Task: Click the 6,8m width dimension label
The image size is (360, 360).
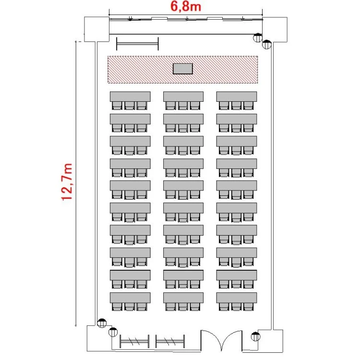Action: click(x=185, y=6)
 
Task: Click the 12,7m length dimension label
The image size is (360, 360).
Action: click(x=67, y=182)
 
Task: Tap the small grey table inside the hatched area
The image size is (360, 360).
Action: click(x=182, y=69)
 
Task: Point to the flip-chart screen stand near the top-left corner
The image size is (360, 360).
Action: click(x=137, y=43)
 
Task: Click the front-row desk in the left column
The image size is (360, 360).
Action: click(x=130, y=96)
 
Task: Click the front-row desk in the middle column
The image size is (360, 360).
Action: click(x=183, y=96)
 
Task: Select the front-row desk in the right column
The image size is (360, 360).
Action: click(x=237, y=96)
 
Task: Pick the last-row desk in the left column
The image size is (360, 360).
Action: click(x=130, y=298)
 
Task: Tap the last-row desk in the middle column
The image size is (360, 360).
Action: click(x=183, y=298)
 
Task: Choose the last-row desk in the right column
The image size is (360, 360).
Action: click(x=237, y=298)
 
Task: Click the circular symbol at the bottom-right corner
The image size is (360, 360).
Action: click(x=255, y=336)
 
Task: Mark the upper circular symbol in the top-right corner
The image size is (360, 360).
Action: click(x=258, y=37)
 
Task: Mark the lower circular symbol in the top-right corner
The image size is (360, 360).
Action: click(x=266, y=45)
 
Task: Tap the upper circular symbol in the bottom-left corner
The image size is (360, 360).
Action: click(x=102, y=323)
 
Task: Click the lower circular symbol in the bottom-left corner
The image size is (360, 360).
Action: click(x=113, y=332)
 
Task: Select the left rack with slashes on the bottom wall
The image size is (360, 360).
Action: click(x=134, y=341)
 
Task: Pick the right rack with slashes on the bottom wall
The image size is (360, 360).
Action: click(x=170, y=341)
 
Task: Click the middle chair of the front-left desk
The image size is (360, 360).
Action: click(x=130, y=106)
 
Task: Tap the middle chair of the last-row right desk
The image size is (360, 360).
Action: click(x=236, y=307)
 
